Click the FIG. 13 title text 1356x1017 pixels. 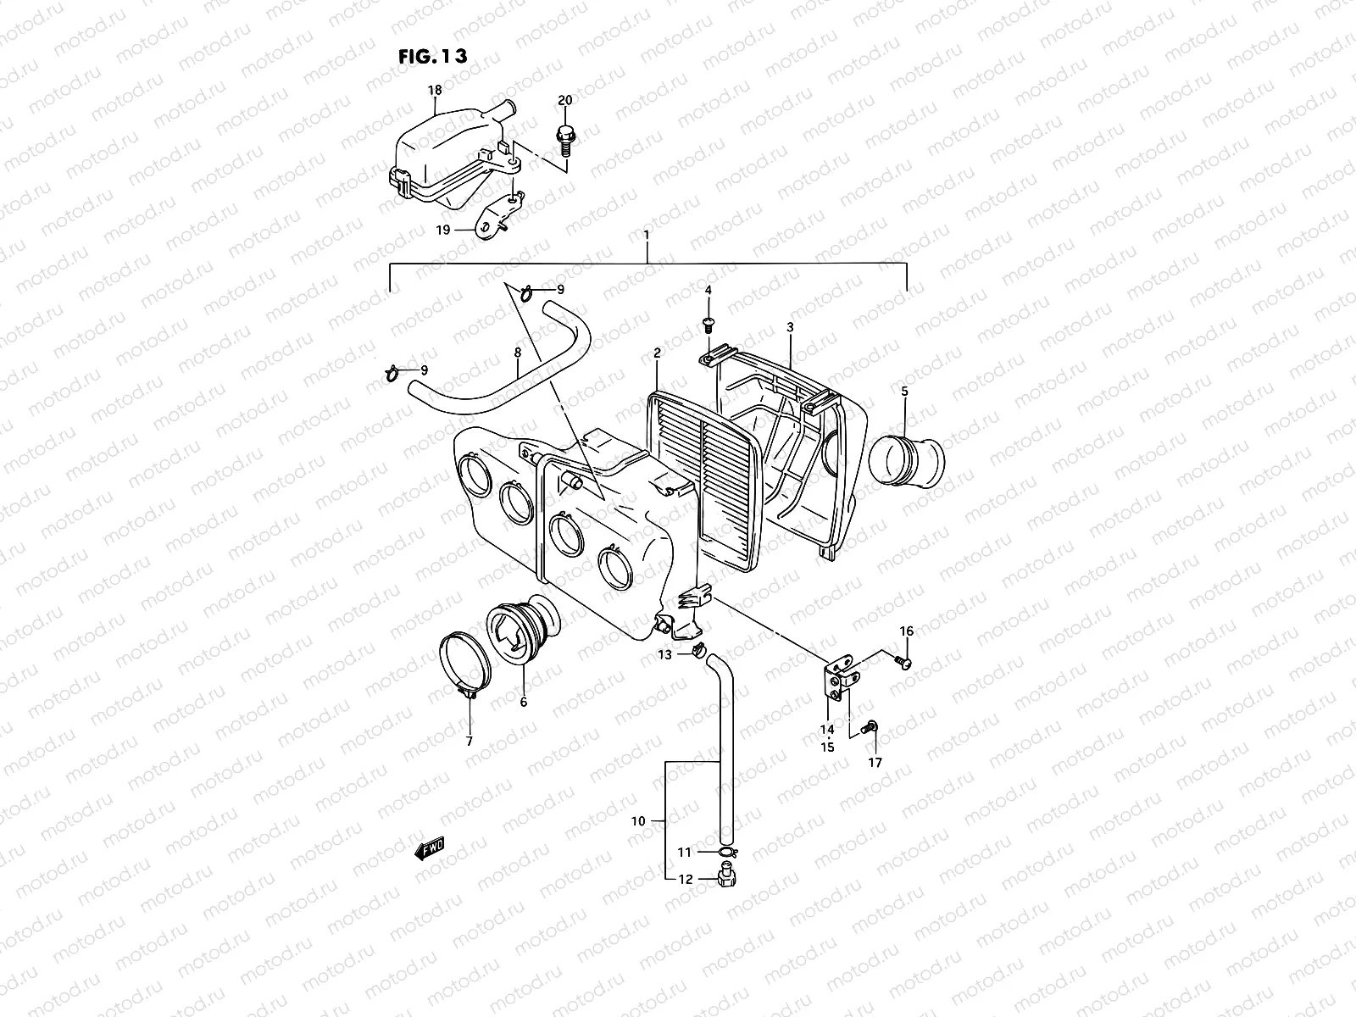tap(432, 57)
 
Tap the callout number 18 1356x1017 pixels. tap(435, 89)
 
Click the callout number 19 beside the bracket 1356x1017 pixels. tap(442, 229)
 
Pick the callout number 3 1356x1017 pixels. tap(790, 326)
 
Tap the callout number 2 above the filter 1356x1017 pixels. tap(657, 352)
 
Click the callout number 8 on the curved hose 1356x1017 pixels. tap(517, 351)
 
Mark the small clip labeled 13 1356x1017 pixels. tap(697, 652)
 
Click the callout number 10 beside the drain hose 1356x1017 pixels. tap(639, 820)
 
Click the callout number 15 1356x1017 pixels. tap(827, 747)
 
